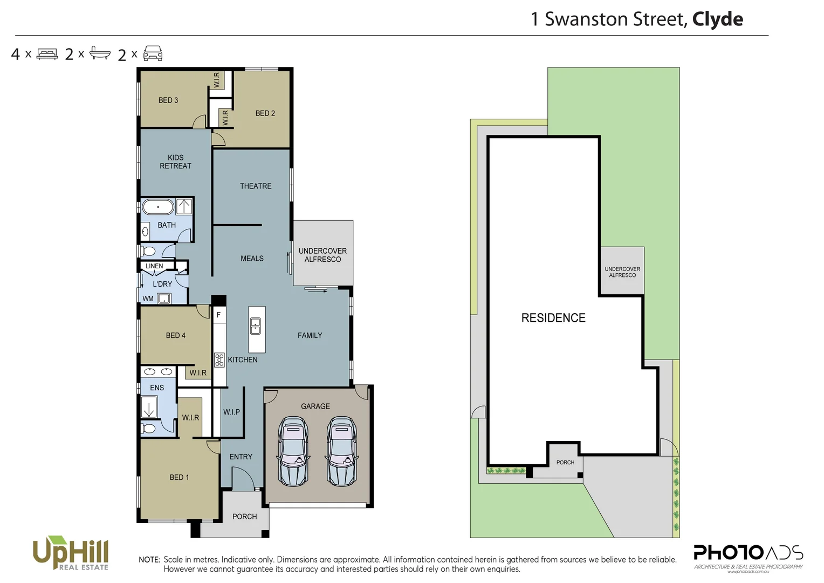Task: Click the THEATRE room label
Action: [256, 186]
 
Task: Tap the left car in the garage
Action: [293, 451]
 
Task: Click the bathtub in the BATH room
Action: [158, 207]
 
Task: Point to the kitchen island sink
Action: [256, 326]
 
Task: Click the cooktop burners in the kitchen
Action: [219, 360]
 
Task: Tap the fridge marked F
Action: [218, 315]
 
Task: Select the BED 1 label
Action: [179, 477]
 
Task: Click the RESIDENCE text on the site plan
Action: [553, 318]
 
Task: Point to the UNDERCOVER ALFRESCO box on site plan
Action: [622, 272]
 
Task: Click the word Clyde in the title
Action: [717, 19]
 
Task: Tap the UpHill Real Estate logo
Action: [71, 553]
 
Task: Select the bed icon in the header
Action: [47, 54]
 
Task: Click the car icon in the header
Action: [153, 53]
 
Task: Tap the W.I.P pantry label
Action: [231, 412]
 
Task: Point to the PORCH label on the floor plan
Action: [244, 517]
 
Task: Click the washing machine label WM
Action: [148, 299]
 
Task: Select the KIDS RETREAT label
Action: [175, 162]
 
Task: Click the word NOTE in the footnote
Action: [149, 560]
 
